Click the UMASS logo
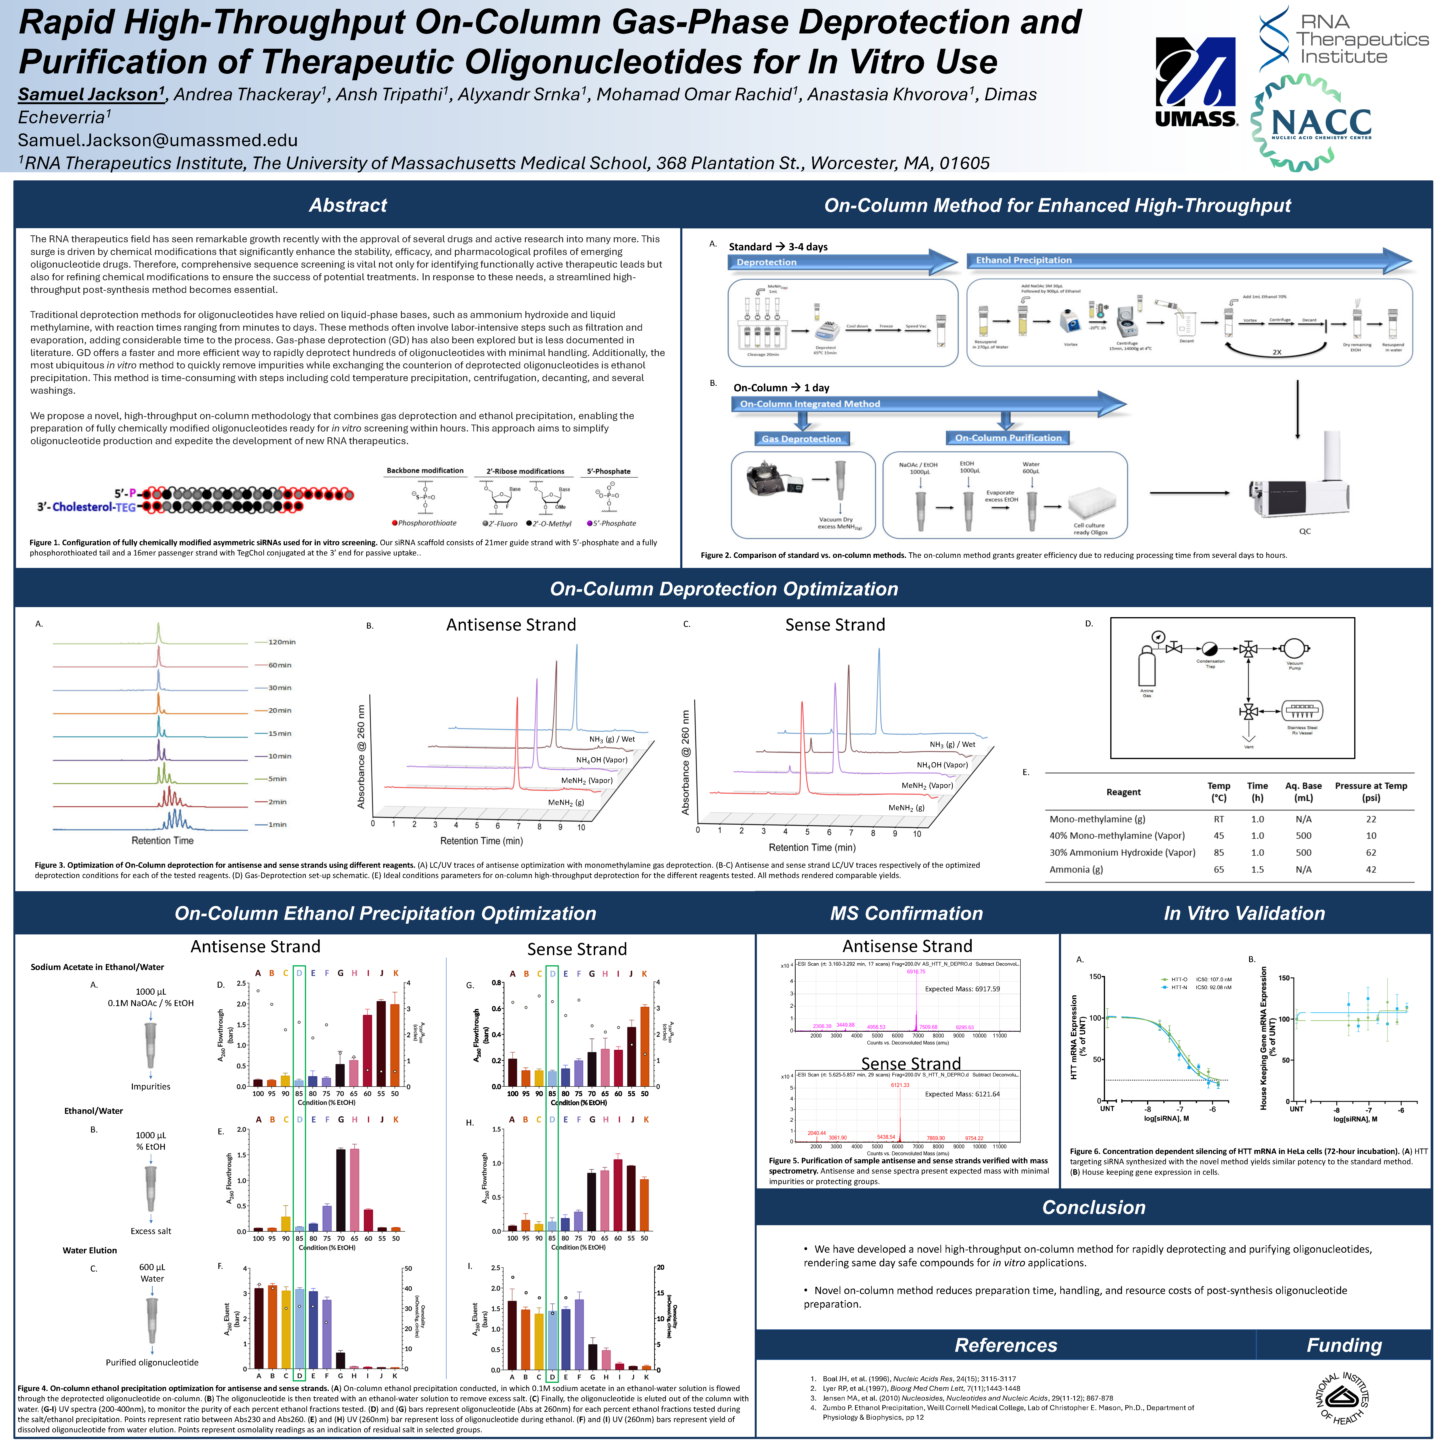1195,82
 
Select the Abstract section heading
348,206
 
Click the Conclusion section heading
1094,1207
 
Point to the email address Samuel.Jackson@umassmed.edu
158,141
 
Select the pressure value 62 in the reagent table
1370,853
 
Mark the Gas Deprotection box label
801,439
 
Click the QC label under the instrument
1304,531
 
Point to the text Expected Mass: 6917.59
962,989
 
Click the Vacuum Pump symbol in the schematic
1293,648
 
